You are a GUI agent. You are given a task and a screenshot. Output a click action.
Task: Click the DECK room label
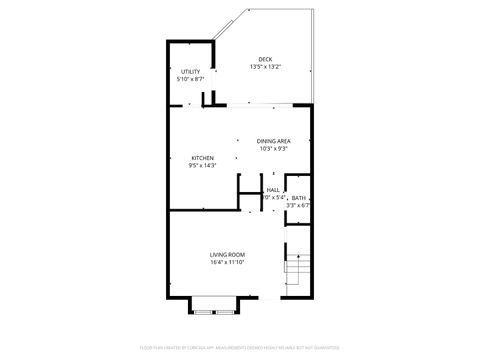click(265, 59)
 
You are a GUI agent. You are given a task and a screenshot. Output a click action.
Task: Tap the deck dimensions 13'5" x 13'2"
click(265, 67)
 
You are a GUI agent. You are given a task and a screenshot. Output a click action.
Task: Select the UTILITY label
click(191, 72)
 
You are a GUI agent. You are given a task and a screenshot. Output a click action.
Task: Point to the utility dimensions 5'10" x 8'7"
click(191, 79)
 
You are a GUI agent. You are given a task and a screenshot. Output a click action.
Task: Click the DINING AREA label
click(273, 142)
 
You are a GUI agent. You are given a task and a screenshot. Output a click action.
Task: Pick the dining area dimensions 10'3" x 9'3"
click(273, 150)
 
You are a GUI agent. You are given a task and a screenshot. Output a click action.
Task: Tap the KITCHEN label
click(203, 158)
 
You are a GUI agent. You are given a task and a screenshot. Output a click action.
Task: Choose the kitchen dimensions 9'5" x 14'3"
click(203, 166)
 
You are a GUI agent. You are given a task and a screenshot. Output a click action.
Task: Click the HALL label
click(273, 190)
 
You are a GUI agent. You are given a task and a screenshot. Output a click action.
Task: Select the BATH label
click(299, 198)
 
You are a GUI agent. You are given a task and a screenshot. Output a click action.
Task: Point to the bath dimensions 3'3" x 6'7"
click(299, 206)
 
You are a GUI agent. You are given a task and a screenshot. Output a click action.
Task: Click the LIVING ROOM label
click(227, 255)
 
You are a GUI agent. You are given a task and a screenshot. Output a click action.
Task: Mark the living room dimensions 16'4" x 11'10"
click(227, 263)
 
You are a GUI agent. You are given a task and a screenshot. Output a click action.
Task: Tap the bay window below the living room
click(216, 306)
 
